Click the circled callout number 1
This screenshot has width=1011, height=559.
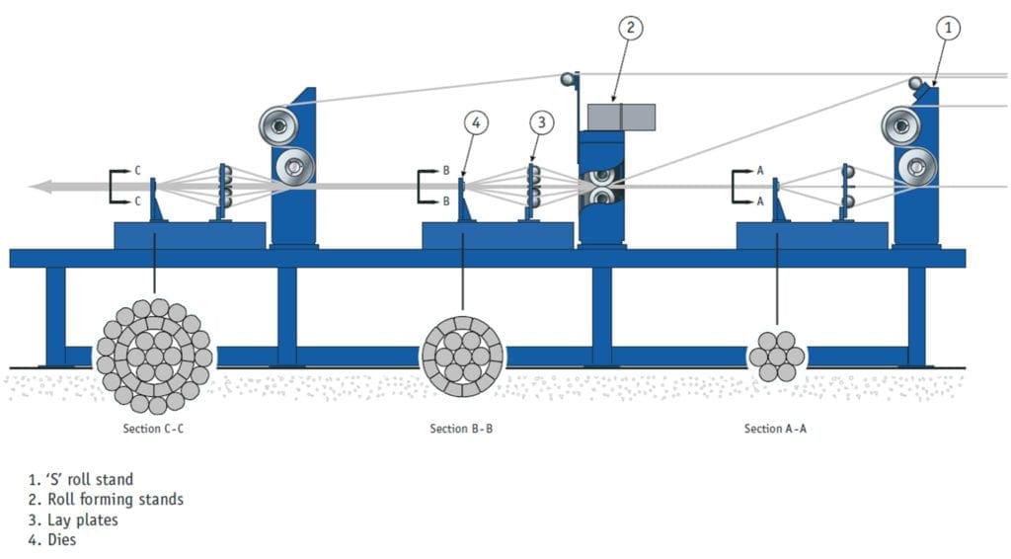[x=946, y=29]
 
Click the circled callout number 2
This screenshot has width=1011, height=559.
[x=631, y=28]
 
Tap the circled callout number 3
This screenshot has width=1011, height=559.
[x=540, y=122]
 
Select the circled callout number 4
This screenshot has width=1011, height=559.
[x=476, y=122]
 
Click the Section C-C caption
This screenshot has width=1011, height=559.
[x=153, y=429]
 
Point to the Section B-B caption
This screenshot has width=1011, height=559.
[x=461, y=429]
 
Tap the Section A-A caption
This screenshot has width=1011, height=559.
[x=775, y=429]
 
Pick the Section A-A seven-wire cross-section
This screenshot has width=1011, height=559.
[x=775, y=357]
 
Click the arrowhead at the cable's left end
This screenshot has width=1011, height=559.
[x=39, y=186]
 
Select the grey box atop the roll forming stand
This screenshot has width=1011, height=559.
[x=621, y=117]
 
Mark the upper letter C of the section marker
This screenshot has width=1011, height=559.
[x=138, y=171]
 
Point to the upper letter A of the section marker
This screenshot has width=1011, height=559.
[x=760, y=171]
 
